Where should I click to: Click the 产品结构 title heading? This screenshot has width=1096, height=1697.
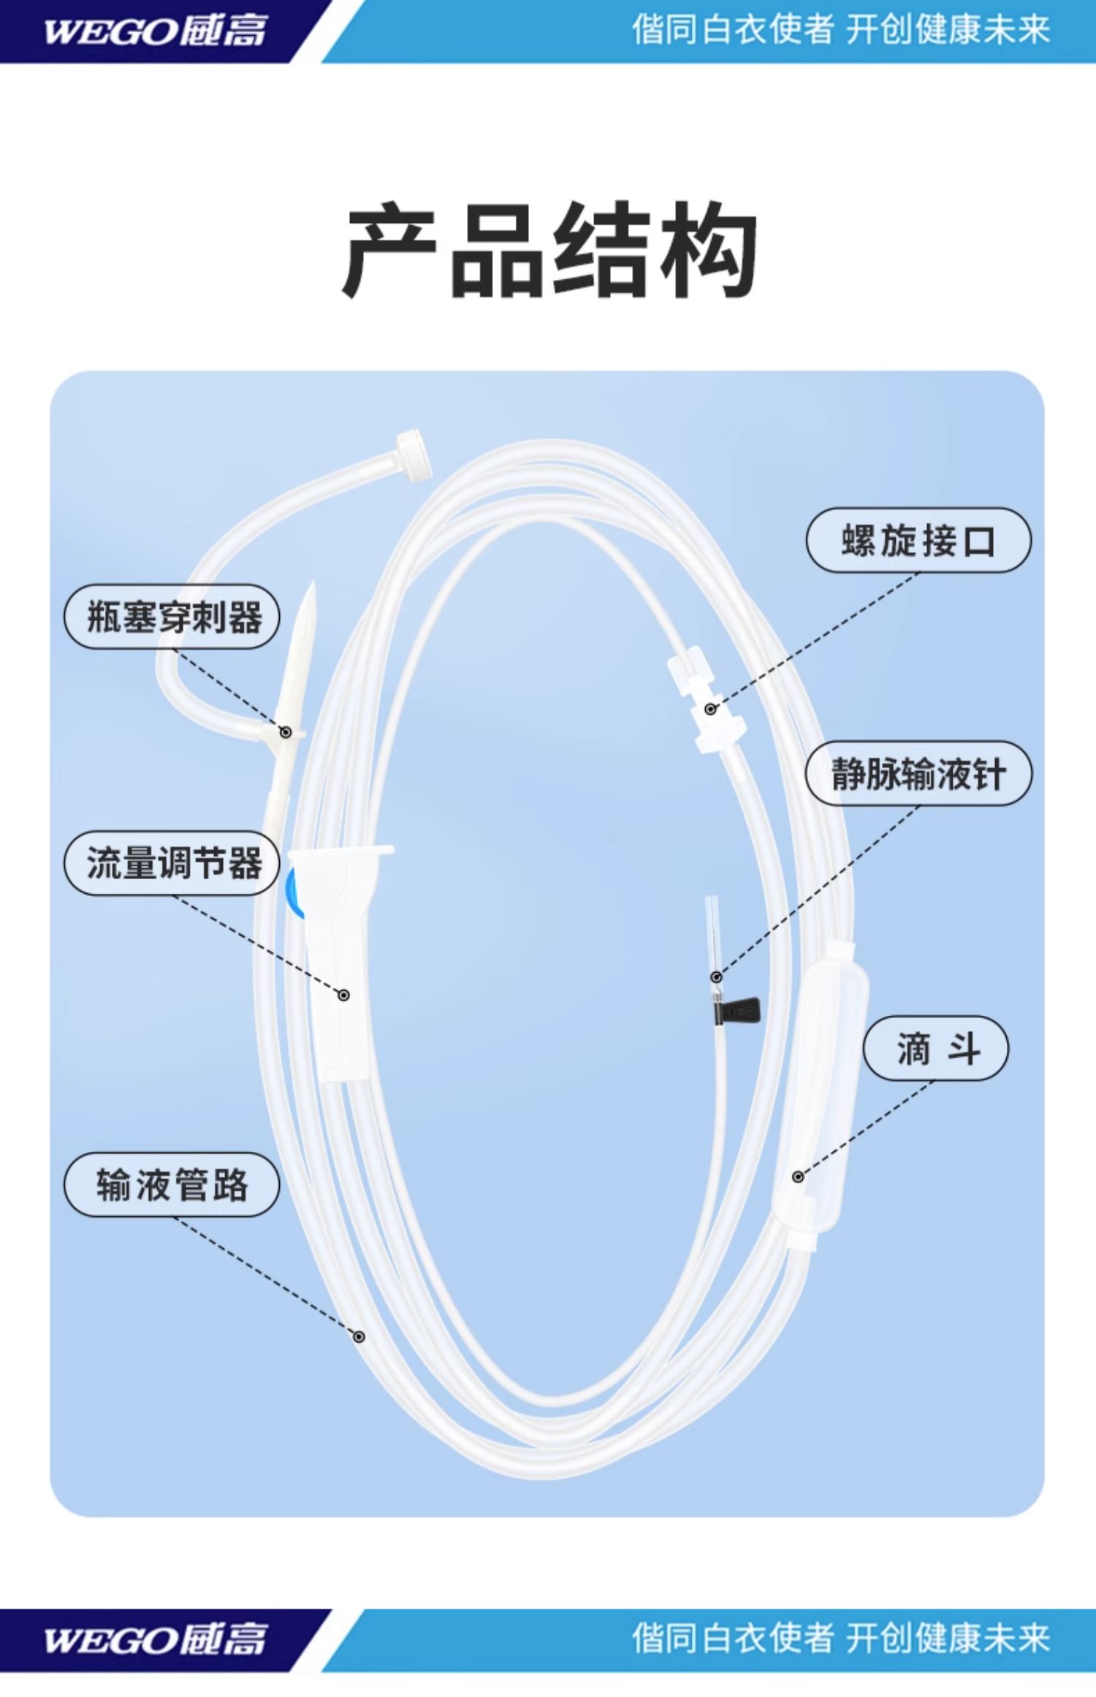[549, 251]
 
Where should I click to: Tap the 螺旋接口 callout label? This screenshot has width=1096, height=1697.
[918, 541]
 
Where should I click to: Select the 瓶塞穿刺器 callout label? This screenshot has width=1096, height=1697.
[172, 617]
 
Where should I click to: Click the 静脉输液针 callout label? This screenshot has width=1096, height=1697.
[918, 773]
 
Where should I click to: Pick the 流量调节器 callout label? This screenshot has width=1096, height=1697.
[172, 863]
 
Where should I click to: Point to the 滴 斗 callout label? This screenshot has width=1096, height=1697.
[936, 1049]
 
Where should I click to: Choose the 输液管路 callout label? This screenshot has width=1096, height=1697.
[172, 1185]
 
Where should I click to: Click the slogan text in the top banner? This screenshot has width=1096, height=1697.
[840, 31]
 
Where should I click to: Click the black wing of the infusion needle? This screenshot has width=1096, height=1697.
[739, 1011]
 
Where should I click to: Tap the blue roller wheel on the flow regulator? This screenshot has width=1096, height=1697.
[294, 892]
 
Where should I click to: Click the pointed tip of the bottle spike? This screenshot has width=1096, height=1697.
[312, 589]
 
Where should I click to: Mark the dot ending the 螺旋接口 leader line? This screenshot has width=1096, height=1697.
[710, 709]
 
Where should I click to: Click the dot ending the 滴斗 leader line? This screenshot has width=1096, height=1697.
[798, 1177]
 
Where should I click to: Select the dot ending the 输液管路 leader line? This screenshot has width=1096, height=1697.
[359, 1337]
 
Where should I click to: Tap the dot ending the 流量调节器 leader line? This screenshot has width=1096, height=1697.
[343, 995]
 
